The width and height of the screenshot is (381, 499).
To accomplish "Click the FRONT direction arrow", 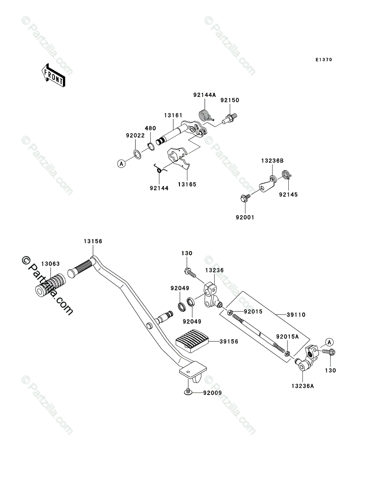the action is click(53, 75).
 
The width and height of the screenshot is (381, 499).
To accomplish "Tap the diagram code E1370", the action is click(324, 60).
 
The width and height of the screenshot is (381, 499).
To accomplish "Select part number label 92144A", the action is click(204, 95).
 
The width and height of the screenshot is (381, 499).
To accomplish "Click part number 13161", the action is click(173, 115).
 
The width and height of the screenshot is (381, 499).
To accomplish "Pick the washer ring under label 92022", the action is click(137, 154).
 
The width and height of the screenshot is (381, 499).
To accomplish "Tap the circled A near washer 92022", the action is click(121, 163).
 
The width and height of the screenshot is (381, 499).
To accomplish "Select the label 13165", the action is click(187, 184).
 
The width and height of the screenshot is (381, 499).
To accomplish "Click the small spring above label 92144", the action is click(160, 169).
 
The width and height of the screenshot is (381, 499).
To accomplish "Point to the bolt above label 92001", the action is click(245, 198).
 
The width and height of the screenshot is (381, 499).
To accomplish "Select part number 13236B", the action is click(272, 161).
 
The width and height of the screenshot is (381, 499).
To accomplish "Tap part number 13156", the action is click(93, 241).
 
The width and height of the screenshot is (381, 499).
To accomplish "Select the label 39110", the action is click(296, 315).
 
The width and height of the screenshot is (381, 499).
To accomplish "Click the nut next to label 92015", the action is click(230, 312).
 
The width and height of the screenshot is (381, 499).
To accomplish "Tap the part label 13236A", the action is click(302, 386).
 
